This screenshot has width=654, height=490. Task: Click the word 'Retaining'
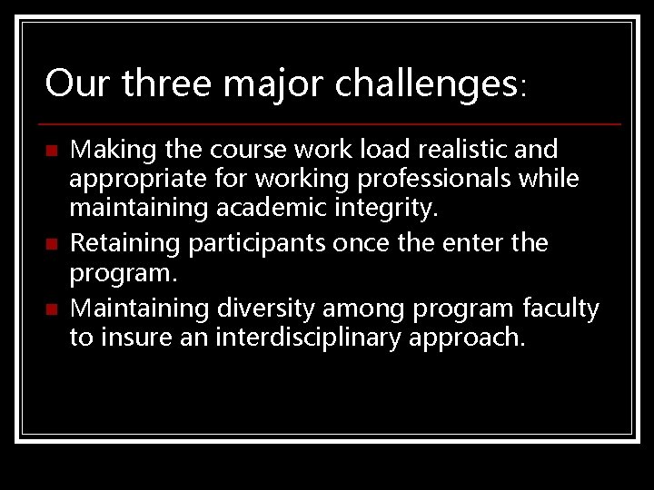pyautogui.click(x=116, y=243)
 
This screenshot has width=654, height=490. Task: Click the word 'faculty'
pyautogui.click(x=560, y=309)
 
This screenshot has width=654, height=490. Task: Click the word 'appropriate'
pyautogui.click(x=126, y=180)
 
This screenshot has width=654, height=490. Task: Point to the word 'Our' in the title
pyautogui.click(x=77, y=84)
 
